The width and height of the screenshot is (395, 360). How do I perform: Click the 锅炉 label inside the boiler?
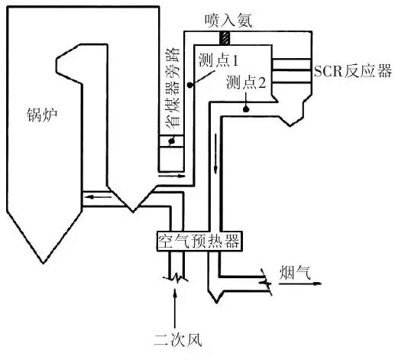37,117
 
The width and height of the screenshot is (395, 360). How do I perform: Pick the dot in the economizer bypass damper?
171,141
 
